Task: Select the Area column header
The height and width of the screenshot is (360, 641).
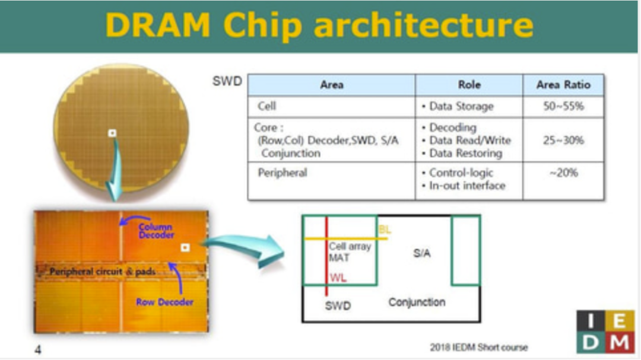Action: (331, 85)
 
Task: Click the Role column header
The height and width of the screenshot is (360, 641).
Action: (469, 85)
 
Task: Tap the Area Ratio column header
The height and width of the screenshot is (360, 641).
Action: (563, 85)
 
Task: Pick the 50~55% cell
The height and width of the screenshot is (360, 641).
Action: (563, 107)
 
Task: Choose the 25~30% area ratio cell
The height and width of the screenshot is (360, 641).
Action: (563, 141)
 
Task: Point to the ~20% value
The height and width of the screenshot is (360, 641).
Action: (563, 173)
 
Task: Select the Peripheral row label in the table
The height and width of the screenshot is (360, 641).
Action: (283, 173)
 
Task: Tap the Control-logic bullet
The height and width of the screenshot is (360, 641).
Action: (458, 173)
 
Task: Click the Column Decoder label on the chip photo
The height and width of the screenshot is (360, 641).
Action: (156, 231)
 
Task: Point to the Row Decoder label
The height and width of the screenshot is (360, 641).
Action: (164, 302)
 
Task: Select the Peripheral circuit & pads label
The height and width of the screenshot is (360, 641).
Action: (103, 272)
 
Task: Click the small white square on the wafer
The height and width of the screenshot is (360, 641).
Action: (112, 133)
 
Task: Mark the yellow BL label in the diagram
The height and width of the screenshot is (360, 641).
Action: (385, 229)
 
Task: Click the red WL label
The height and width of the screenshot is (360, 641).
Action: (338, 278)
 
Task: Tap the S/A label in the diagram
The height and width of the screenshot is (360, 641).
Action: (421, 253)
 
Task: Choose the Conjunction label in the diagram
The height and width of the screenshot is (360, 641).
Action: (417, 302)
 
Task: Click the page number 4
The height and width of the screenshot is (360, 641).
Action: (38, 350)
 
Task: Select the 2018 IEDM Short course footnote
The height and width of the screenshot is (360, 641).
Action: (479, 347)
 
